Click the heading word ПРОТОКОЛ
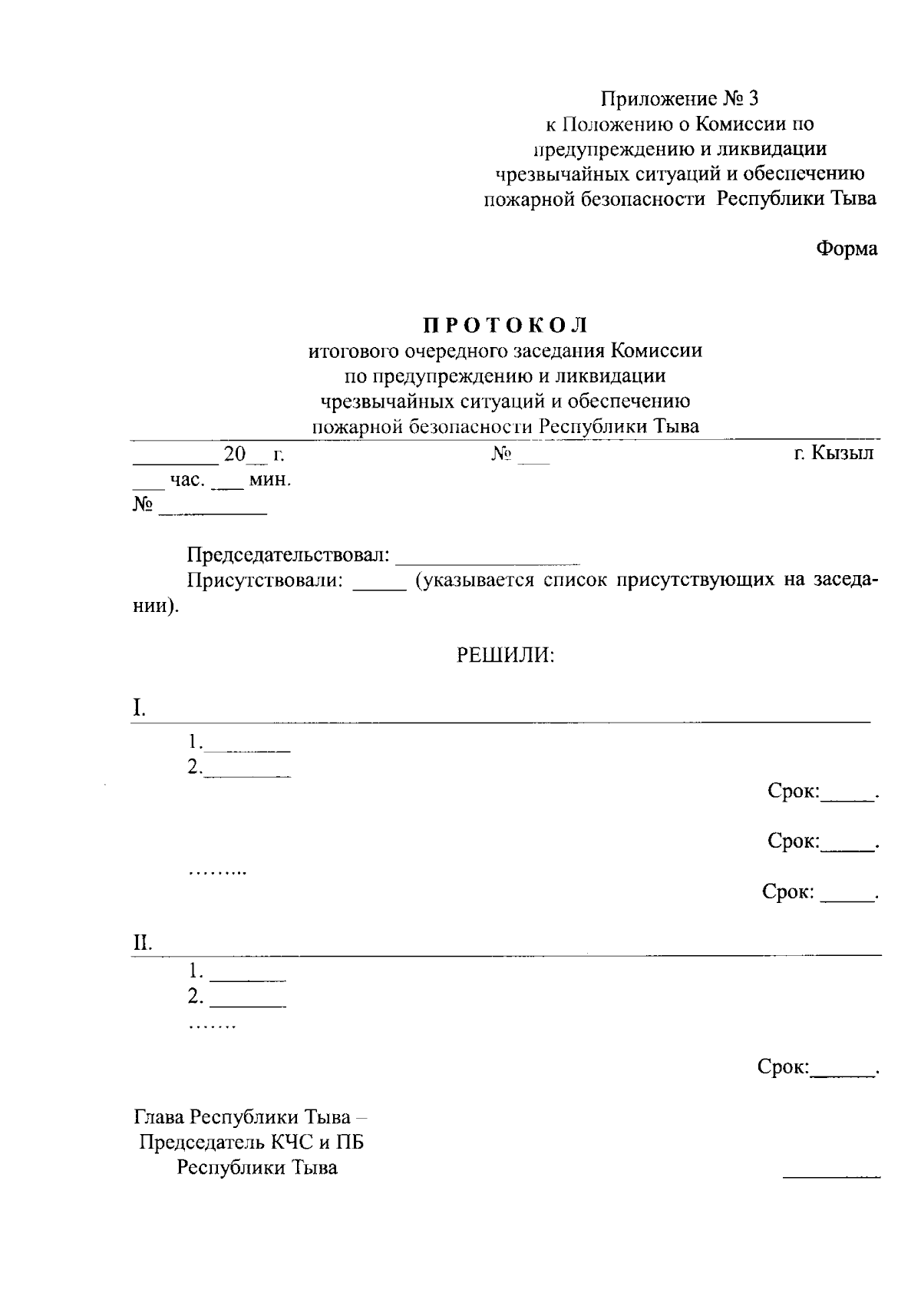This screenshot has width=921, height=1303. (506, 326)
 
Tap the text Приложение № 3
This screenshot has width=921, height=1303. (678, 98)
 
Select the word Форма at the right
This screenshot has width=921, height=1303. (847, 249)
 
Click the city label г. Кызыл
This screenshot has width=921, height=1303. (834, 453)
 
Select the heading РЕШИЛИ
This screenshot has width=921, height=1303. (506, 655)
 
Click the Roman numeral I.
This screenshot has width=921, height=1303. (138, 708)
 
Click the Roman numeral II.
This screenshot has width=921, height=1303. (142, 943)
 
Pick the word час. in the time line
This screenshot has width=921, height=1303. (187, 480)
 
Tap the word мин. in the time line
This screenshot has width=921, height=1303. (270, 480)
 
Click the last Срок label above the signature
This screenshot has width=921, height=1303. (783, 1067)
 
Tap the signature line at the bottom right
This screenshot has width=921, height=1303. (831, 1176)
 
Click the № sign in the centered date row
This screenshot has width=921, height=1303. (501, 454)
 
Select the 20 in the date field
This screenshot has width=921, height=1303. (234, 454)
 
